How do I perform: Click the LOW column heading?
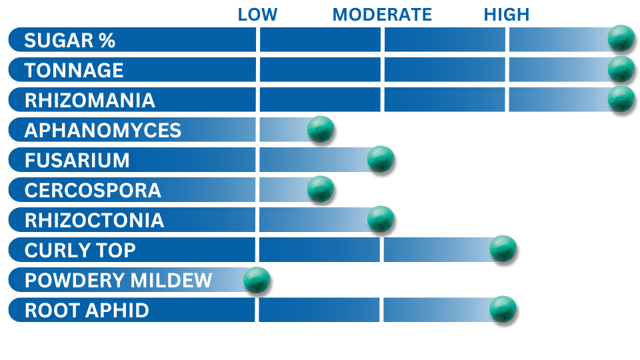[257, 15]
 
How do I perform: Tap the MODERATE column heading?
[382, 15]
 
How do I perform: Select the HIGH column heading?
[507, 15]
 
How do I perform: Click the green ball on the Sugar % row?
[621, 38]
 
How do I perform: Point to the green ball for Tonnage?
[621, 69]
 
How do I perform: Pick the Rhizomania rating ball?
[621, 99]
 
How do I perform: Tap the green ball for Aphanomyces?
[321, 129]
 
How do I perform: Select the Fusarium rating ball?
[381, 159]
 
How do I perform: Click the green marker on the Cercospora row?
[321, 189]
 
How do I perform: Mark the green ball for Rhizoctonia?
[381, 219]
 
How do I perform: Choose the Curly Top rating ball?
[503, 249]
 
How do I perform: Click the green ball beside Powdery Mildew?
[256, 279]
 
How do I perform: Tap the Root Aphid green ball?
[503, 309]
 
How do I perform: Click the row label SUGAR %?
[70, 41]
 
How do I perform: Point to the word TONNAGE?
[74, 70]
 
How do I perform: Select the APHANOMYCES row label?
[103, 131]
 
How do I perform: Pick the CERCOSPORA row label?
[93, 191]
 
